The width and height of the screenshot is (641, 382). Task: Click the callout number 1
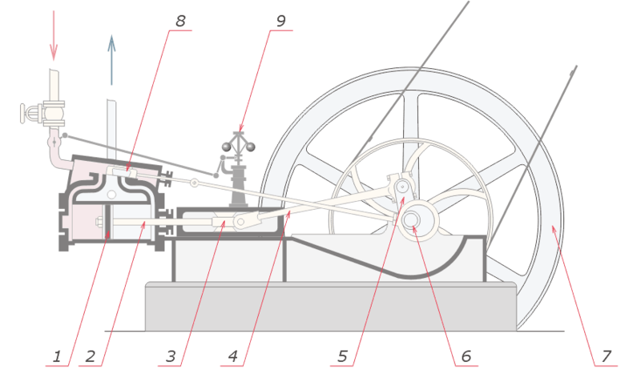(x=56, y=355)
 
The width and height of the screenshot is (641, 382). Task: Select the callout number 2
(x=90, y=355)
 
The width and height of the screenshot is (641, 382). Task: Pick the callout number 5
(x=342, y=355)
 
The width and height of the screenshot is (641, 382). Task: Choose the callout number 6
(x=466, y=355)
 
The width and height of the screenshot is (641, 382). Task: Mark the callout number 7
(x=607, y=355)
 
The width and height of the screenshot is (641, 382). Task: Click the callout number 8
(x=180, y=21)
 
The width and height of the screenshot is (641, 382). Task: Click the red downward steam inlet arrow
(x=54, y=36)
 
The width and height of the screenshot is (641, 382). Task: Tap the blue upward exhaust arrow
(x=111, y=60)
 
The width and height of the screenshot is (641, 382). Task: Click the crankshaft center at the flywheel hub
(x=413, y=219)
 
